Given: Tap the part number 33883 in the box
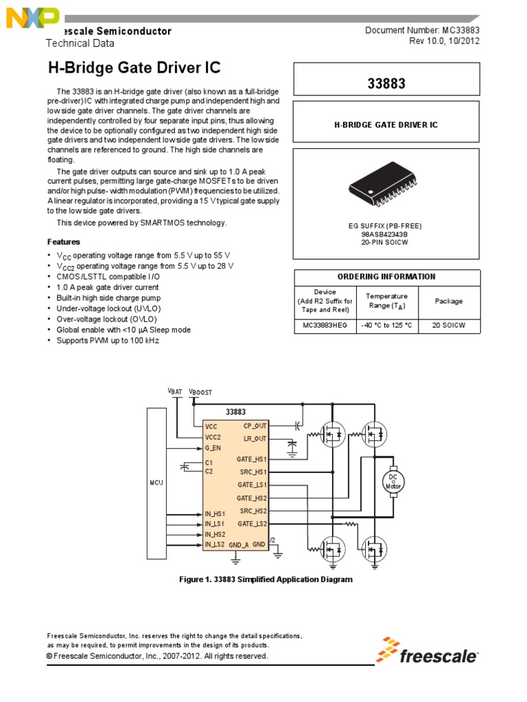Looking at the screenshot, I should (387, 84).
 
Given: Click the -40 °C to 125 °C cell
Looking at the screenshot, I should (387, 326).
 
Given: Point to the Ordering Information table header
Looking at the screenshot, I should (387, 277).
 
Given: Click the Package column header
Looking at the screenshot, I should (449, 301).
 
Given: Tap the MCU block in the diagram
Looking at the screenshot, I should (156, 483).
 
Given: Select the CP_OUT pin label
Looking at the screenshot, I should (255, 426).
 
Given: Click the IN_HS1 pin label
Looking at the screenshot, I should (215, 513).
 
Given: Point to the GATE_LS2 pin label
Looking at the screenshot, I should (252, 524).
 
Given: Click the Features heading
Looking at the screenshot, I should (63, 242).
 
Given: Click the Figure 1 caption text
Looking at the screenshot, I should (266, 579).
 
